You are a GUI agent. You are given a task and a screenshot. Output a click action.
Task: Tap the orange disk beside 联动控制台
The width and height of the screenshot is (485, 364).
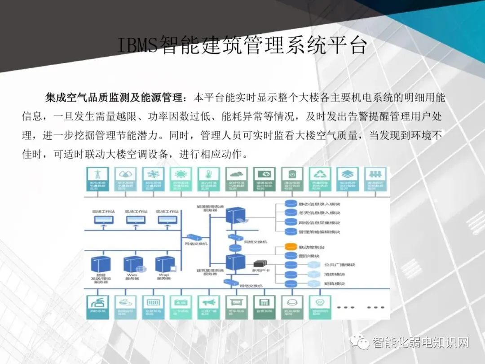pyautogui.click(x=291, y=247)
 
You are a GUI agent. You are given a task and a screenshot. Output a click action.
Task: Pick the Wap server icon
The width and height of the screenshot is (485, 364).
pyautogui.click(x=164, y=264)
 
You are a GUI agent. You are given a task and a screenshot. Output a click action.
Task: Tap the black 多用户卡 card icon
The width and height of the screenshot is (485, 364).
pyautogui.click(x=260, y=264)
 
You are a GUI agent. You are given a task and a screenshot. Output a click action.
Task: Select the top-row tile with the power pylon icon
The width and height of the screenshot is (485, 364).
pyautogui.click(x=97, y=179)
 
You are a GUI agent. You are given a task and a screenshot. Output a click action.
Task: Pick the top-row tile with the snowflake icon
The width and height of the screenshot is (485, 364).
pyautogui.click(x=152, y=179)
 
